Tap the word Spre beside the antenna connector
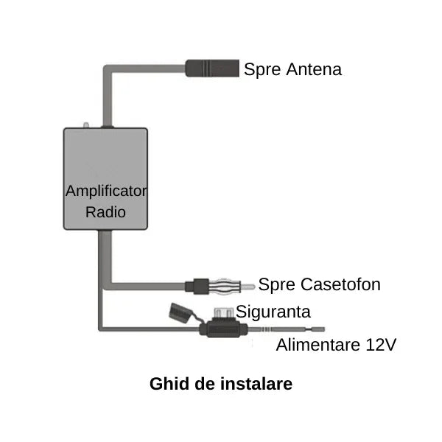(x=261, y=70)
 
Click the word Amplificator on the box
(x=106, y=191)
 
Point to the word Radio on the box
(x=106, y=212)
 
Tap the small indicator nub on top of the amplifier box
(x=86, y=126)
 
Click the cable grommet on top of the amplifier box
(x=108, y=127)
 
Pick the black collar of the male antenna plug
(x=200, y=284)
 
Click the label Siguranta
(x=273, y=312)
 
